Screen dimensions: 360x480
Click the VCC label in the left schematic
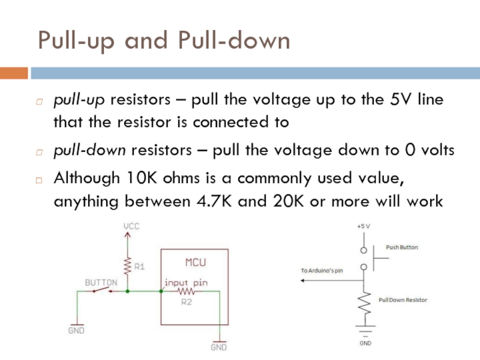[x=131, y=226]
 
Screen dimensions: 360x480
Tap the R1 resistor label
[x=139, y=267]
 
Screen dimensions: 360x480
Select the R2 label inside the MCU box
[x=187, y=302]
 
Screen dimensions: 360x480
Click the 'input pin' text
[x=186, y=281]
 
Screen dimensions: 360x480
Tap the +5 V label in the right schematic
[x=364, y=227]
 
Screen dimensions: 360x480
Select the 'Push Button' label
[x=402, y=247]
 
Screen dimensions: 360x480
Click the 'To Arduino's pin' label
[x=322, y=271]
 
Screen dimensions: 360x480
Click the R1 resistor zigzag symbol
[x=127, y=265]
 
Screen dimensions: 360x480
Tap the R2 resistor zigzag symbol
[x=187, y=292]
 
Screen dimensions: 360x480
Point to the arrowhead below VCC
[x=127, y=235]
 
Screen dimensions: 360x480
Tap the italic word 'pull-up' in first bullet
[x=71, y=99]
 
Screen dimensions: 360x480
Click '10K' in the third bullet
[x=142, y=178]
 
